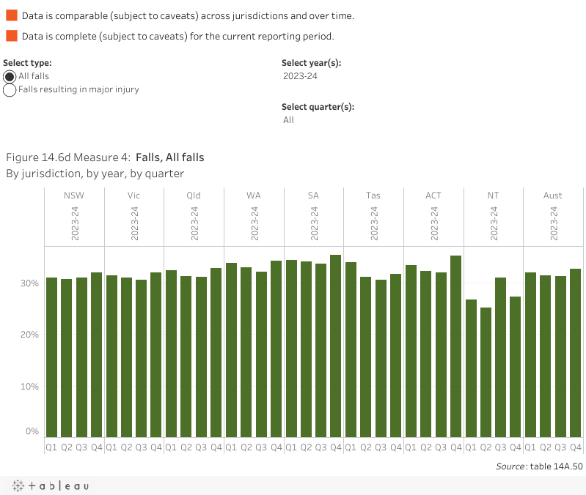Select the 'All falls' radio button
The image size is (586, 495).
(10, 77)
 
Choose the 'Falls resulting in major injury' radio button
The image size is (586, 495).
(10, 90)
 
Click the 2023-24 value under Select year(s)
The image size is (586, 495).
(300, 76)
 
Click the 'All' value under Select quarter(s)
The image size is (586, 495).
(289, 120)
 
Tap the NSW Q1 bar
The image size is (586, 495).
(51, 357)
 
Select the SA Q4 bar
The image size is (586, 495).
(336, 346)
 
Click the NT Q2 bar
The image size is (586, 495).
(486, 372)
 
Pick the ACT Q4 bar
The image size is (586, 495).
(455, 346)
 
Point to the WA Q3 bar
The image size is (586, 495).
(261, 354)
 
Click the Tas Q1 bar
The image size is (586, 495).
(351, 349)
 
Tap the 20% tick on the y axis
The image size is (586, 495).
(29, 335)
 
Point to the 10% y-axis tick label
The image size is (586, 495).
(29, 387)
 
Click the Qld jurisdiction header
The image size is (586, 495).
(194, 196)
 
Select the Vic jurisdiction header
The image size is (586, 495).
(133, 196)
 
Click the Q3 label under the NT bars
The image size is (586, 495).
(500, 447)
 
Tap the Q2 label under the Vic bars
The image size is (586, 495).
(126, 447)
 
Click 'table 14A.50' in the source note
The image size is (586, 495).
(557, 466)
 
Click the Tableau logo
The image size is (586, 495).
(51, 485)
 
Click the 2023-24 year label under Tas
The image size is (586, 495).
(373, 223)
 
